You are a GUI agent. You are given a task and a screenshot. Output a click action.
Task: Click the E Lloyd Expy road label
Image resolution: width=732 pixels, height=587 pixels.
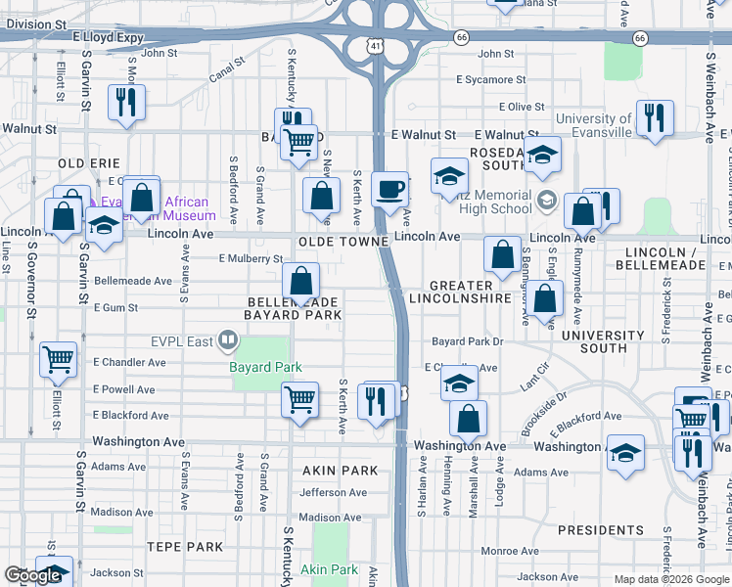tap(108, 37)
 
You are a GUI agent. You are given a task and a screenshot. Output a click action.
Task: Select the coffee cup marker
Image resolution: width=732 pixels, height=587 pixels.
tap(389, 189)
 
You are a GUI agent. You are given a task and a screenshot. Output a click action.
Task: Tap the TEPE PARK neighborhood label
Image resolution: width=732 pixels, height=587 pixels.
tap(185, 546)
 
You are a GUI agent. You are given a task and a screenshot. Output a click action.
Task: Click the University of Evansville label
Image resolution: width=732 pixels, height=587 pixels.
tap(593, 125)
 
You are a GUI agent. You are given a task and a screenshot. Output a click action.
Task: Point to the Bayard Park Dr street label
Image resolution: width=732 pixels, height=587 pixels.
tap(468, 341)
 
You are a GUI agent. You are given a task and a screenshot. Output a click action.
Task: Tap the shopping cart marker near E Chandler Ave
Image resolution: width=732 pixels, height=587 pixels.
tap(59, 359)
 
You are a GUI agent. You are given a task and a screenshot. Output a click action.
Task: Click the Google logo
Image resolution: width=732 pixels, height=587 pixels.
tap(33, 575)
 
